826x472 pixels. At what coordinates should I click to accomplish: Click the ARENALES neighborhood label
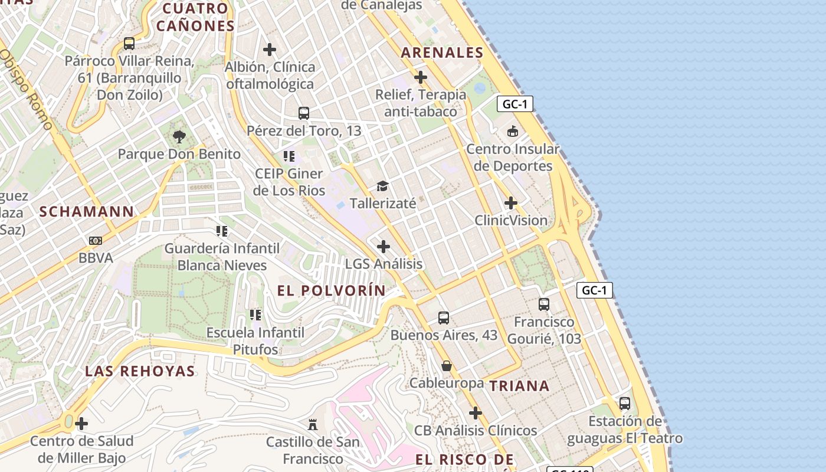442,53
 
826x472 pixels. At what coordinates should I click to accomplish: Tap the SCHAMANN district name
87,212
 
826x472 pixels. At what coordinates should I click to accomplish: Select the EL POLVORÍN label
331,290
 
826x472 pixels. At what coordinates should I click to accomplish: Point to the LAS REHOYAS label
140,371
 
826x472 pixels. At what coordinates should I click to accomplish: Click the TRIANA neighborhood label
519,386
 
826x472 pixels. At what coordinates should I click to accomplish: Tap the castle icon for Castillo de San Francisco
313,424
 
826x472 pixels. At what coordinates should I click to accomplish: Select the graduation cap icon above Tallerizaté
382,186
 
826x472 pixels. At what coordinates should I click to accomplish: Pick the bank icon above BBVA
96,241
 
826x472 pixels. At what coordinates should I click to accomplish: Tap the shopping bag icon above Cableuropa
447,366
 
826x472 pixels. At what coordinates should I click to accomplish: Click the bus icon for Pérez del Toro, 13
304,113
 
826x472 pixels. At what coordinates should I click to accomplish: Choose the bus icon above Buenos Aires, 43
444,318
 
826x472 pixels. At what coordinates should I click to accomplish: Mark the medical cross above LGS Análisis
383,247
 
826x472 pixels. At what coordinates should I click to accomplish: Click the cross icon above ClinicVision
511,204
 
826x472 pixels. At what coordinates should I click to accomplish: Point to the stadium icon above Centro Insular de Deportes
512,132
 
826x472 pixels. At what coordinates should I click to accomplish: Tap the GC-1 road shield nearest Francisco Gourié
594,290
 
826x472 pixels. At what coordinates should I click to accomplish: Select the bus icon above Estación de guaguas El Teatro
625,404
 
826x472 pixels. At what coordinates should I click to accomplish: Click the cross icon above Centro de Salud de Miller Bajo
81,424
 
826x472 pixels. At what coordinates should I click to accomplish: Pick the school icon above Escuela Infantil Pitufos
255,315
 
